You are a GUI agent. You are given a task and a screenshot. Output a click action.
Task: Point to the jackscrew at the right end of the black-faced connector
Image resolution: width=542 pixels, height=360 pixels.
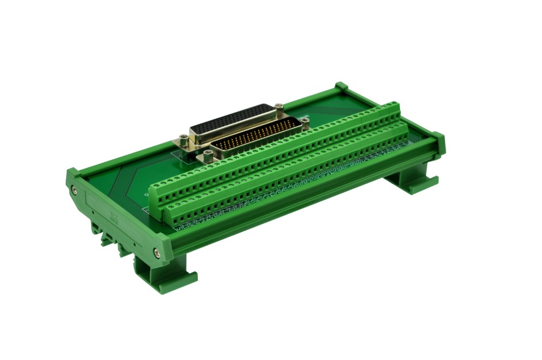pos(279,107)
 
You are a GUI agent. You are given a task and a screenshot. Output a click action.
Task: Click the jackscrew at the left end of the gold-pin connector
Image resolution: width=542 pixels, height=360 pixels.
pos(207,157)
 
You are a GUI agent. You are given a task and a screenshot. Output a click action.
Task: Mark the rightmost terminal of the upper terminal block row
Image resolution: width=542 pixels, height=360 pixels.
pos(395,108)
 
